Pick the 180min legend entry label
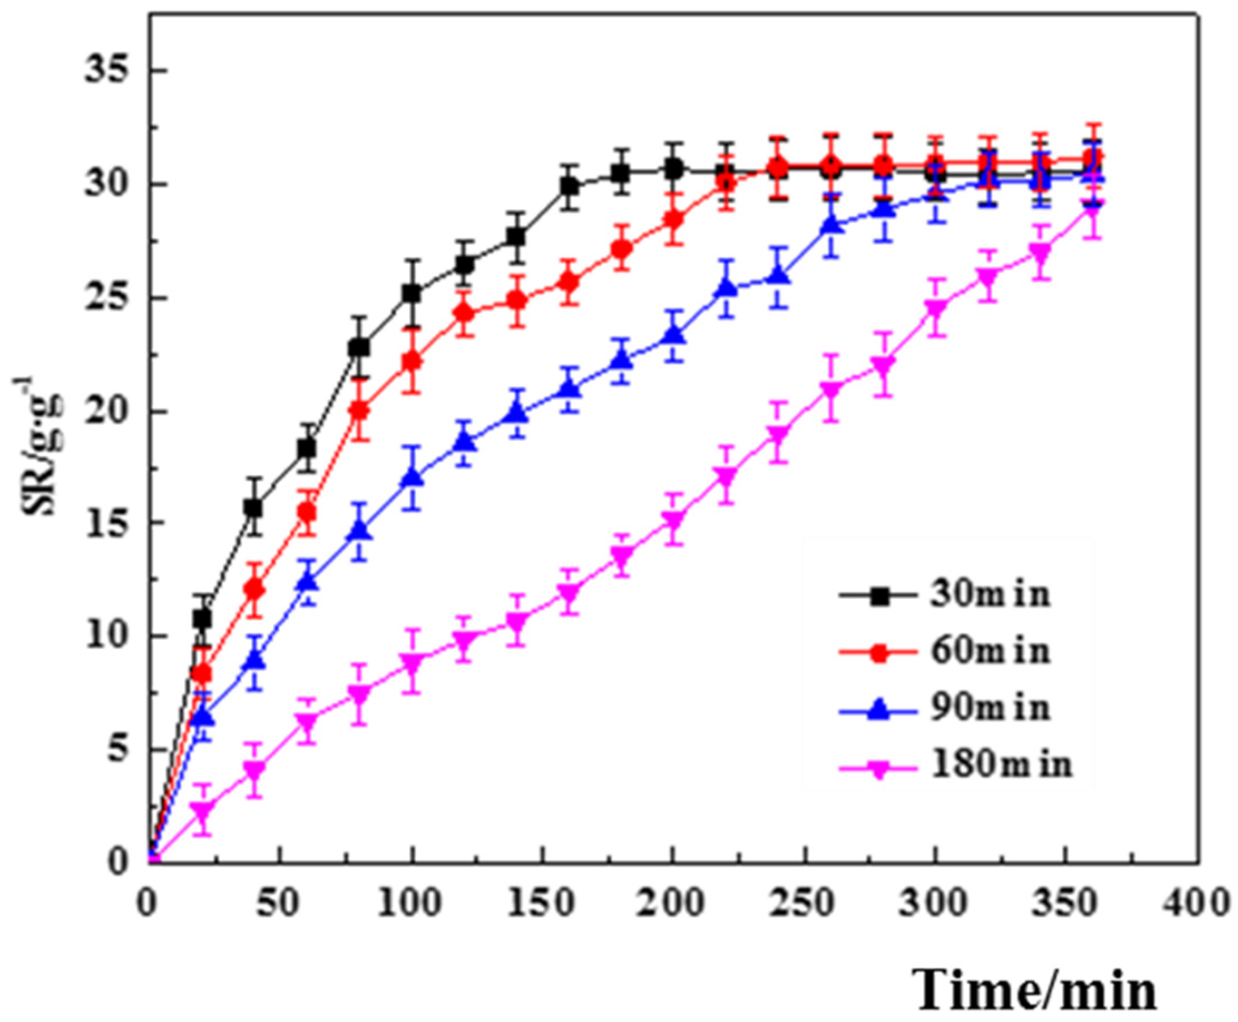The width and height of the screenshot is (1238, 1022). tap(1001, 765)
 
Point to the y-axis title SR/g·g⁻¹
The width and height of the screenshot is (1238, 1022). tap(38, 447)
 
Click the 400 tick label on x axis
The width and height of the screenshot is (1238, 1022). tap(1198, 901)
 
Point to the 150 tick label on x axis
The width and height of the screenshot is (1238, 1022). tap(543, 901)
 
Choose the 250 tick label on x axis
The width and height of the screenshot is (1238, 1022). tap(803, 901)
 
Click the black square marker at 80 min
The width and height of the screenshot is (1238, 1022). tap(359, 347)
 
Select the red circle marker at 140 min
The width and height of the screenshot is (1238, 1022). tap(517, 301)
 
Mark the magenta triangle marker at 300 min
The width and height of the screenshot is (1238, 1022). tap(935, 309)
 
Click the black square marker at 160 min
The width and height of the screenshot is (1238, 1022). tap(569, 187)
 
